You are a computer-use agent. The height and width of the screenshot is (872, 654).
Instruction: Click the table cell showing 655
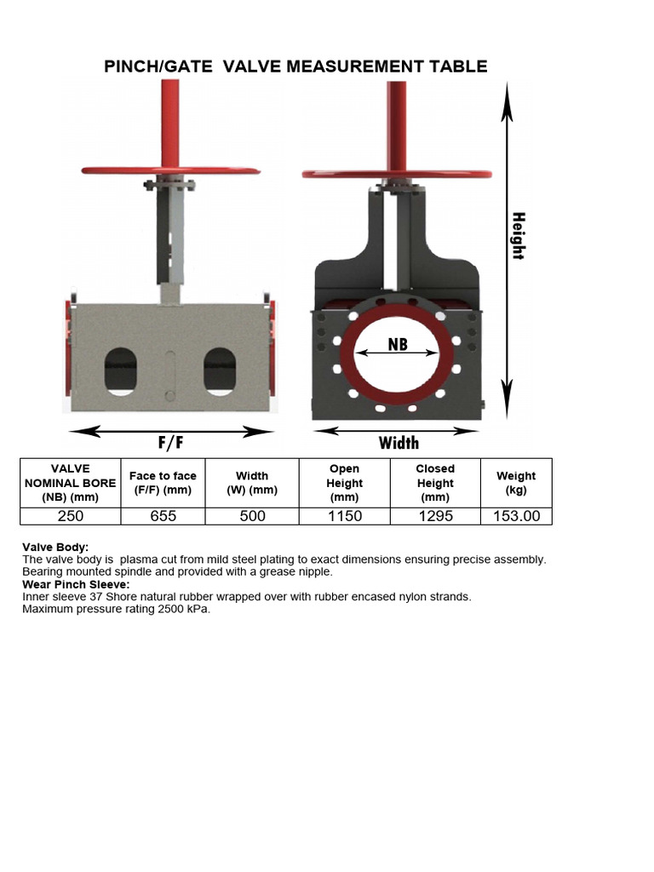coord(163,516)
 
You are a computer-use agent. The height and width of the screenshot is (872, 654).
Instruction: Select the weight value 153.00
coord(516,516)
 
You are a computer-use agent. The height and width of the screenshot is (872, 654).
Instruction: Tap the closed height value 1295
coord(435,516)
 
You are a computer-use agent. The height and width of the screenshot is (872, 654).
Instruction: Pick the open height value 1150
coord(344,516)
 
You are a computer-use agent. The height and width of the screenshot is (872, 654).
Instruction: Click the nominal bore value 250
coord(70,516)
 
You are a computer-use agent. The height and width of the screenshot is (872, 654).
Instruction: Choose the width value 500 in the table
coord(252,516)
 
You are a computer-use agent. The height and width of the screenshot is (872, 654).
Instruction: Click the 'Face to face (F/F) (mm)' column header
coord(163,483)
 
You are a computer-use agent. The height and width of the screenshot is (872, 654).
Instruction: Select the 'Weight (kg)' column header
coord(516,483)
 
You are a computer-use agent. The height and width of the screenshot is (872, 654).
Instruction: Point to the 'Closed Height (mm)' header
coord(435,483)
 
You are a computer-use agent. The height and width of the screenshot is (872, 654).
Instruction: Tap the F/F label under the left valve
coord(170,443)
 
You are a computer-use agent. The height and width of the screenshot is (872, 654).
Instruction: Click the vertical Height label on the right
coord(518,236)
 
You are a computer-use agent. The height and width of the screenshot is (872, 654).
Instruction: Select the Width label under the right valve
coord(399,443)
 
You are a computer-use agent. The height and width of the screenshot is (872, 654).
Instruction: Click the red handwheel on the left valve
coord(170,170)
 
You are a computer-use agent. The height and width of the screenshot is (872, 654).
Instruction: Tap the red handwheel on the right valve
coord(397,174)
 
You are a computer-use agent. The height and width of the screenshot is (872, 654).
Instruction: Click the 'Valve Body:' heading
coord(55,547)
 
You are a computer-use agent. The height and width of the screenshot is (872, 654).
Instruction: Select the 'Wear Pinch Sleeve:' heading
coord(76,584)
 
